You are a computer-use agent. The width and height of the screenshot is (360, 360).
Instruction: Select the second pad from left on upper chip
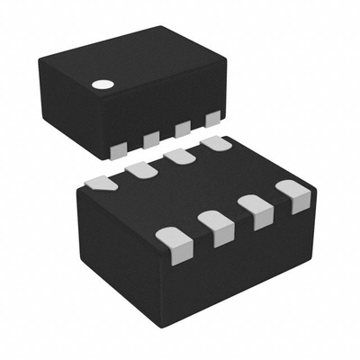151,138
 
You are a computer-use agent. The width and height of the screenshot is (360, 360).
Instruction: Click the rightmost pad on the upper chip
212,118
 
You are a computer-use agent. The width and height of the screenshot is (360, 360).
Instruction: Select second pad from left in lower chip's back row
139,169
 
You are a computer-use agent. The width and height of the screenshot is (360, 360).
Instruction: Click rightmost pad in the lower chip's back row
215,143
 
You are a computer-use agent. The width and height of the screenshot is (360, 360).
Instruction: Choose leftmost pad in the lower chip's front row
170,238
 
